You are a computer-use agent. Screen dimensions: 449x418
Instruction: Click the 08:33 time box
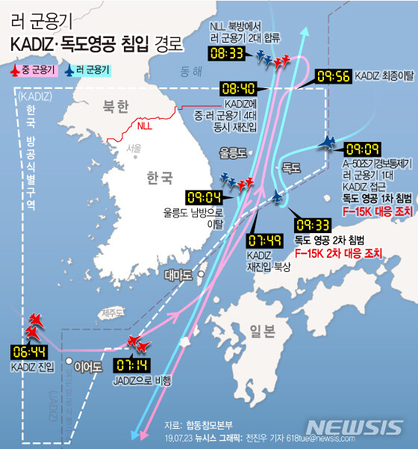(x=227, y=53)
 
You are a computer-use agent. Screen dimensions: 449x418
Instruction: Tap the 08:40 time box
(x=239, y=87)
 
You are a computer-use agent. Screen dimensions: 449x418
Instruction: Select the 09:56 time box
(x=333, y=76)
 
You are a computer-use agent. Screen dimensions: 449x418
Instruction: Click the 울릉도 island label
(x=232, y=152)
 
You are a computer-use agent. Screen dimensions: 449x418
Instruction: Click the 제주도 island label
(x=111, y=312)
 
